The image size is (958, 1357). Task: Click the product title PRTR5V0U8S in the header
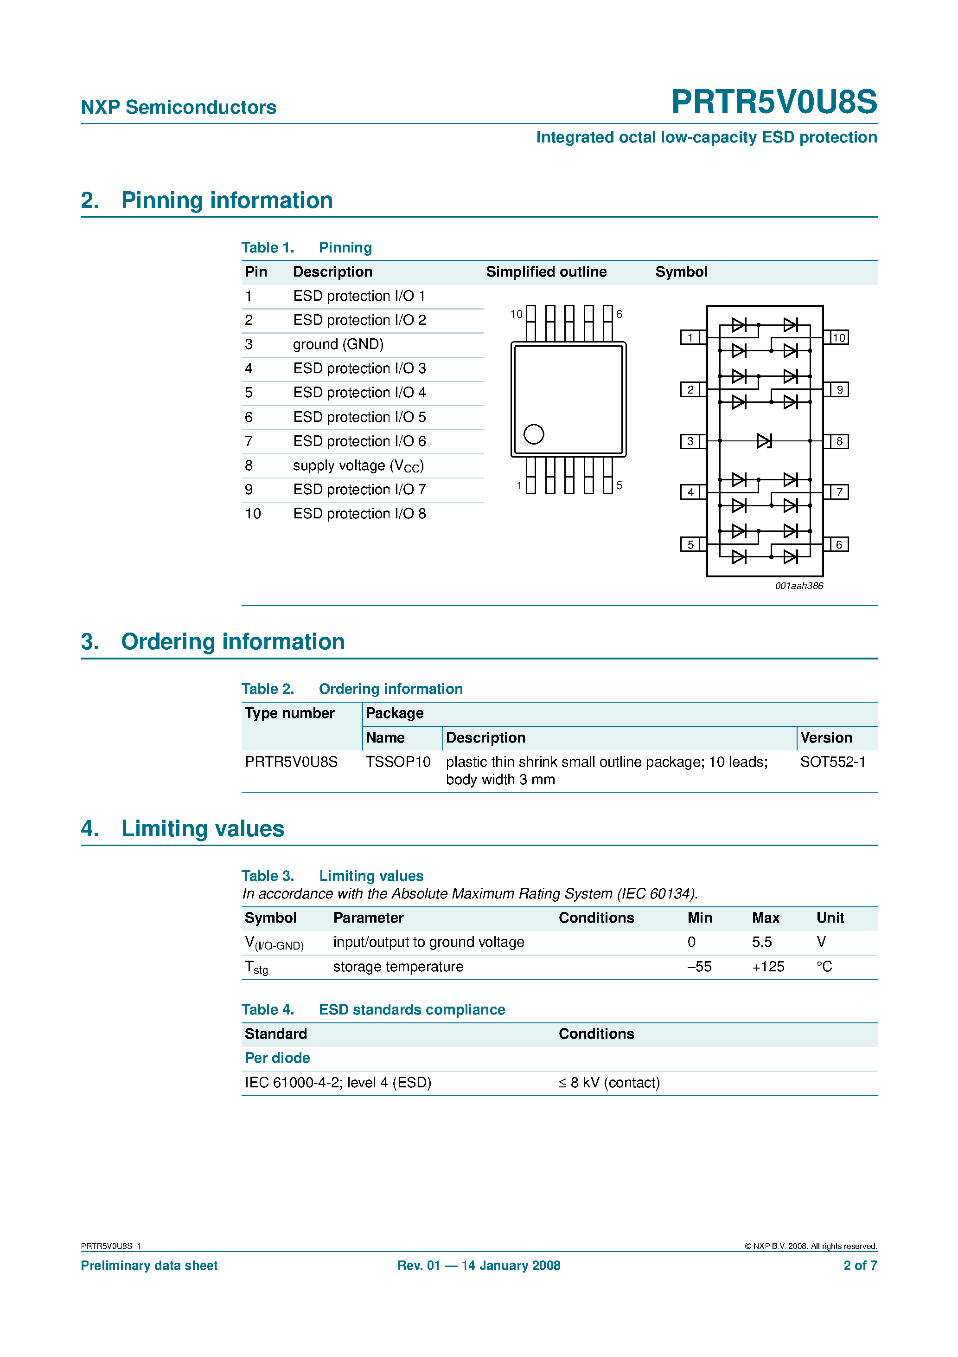click(x=774, y=102)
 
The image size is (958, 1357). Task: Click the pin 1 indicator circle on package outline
click(x=533, y=434)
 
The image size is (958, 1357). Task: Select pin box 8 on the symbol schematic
click(x=839, y=441)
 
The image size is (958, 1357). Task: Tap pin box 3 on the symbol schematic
click(x=690, y=441)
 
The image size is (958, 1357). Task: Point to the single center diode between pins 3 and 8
click(x=764, y=441)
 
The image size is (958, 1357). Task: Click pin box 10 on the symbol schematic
click(x=839, y=337)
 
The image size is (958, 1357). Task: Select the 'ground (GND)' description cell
click(x=338, y=344)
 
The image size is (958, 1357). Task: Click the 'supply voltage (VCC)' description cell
click(x=358, y=466)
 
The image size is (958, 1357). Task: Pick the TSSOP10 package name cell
click(x=397, y=762)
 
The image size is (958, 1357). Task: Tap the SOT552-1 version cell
click(x=832, y=762)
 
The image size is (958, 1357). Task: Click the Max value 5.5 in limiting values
click(x=761, y=942)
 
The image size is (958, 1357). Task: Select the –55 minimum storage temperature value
click(x=699, y=967)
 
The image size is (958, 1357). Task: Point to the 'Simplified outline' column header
click(x=546, y=272)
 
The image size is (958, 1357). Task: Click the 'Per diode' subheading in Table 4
click(x=277, y=1058)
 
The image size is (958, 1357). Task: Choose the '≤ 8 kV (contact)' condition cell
click(x=609, y=1083)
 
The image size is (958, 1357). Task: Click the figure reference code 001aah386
click(x=798, y=586)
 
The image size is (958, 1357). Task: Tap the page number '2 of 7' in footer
click(x=860, y=1266)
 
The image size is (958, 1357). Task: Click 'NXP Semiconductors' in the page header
click(x=179, y=107)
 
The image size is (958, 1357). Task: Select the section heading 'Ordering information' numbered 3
click(x=233, y=642)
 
